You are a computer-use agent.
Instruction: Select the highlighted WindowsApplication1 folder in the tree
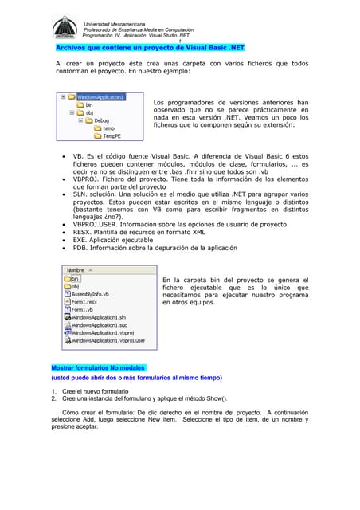[100, 97]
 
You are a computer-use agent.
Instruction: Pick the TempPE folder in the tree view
[112, 136]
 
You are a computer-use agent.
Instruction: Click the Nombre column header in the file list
[76, 270]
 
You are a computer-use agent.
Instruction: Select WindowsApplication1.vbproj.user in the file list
[108, 340]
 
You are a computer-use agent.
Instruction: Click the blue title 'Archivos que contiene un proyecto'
[119, 47]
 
